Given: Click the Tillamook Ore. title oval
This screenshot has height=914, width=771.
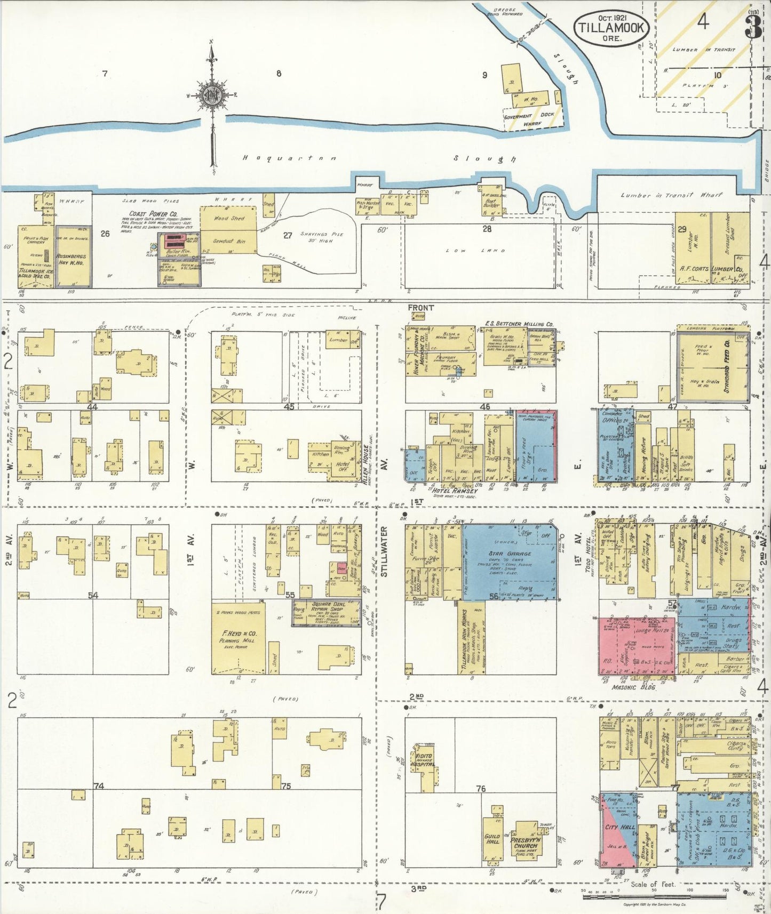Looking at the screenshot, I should pos(611,28).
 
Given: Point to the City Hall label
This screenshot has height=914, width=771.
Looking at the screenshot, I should pos(619,827).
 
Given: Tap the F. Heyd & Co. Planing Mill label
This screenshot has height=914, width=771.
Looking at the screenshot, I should pos(239,636).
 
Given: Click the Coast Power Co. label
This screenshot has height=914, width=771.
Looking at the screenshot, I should pos(141,214).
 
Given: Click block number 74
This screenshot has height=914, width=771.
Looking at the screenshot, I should pos(98,785).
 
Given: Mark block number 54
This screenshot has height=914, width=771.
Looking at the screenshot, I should pos(93,595).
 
